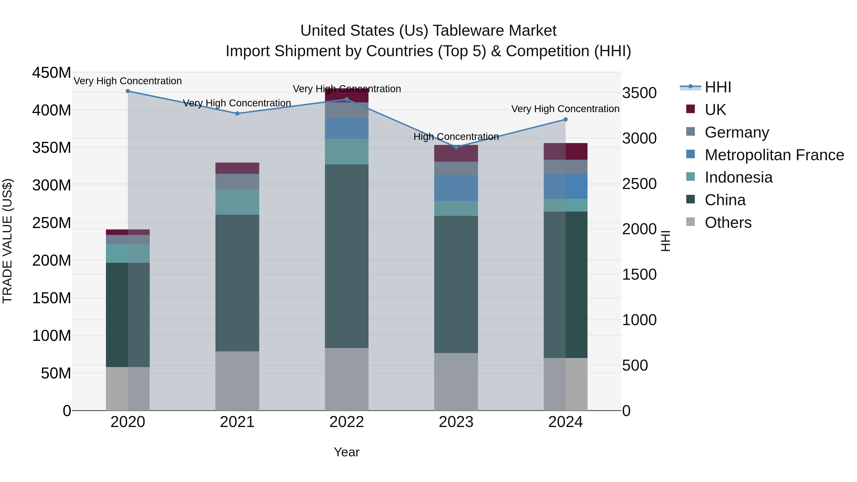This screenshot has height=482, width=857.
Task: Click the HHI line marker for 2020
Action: point(128,91)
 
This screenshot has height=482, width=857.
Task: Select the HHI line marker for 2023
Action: point(456,147)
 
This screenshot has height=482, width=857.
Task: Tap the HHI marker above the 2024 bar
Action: point(566,119)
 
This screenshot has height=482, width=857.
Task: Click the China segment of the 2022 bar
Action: point(347,256)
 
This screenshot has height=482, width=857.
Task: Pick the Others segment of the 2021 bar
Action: point(237,381)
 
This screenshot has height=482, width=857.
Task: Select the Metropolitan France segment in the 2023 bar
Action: point(456,188)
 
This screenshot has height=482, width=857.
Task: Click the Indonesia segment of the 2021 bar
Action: point(237,202)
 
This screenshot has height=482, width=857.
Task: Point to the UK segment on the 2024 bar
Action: point(566,151)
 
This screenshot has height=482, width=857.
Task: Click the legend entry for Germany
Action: point(737,132)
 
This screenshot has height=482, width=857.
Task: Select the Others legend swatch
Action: point(690,222)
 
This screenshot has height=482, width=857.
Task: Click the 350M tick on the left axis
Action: point(52,147)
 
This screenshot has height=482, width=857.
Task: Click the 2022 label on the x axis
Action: point(347,422)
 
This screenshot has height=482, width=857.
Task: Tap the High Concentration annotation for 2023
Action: point(456,137)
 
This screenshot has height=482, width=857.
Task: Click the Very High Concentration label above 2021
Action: point(237,103)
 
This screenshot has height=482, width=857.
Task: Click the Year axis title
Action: point(347,452)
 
